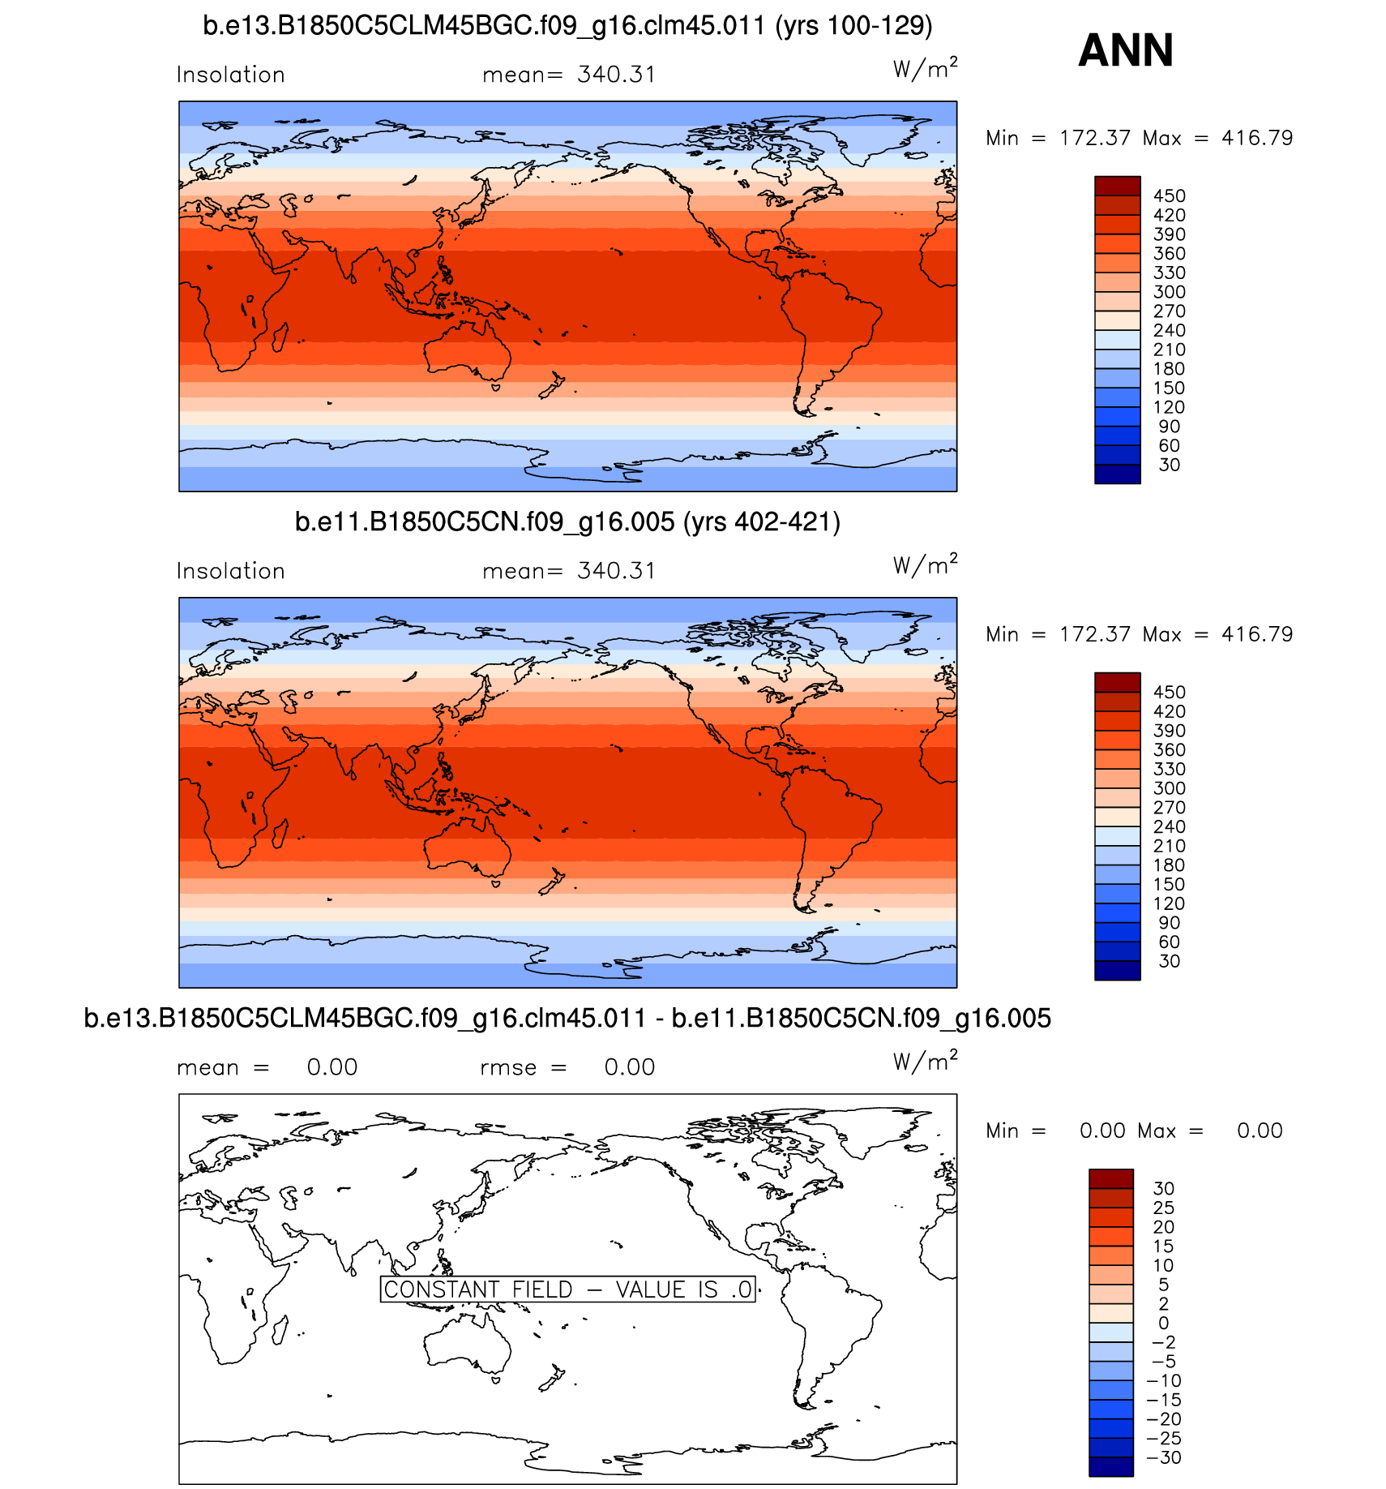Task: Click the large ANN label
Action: (1125, 50)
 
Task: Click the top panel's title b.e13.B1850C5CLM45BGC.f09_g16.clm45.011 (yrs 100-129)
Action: (567, 26)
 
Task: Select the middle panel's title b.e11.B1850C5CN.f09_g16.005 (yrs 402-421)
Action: (567, 522)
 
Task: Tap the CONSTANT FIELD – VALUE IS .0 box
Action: (567, 1289)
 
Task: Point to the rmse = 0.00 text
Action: (567, 1067)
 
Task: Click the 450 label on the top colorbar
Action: (1169, 196)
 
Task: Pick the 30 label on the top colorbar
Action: (1169, 466)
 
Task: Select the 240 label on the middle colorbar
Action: (1169, 827)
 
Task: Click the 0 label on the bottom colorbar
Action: (1163, 1323)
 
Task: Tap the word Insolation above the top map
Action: (231, 75)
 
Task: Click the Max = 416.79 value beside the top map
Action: (1217, 138)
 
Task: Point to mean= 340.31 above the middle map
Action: (568, 571)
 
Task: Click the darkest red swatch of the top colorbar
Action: (1117, 186)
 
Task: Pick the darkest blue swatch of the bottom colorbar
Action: (1110, 1466)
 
